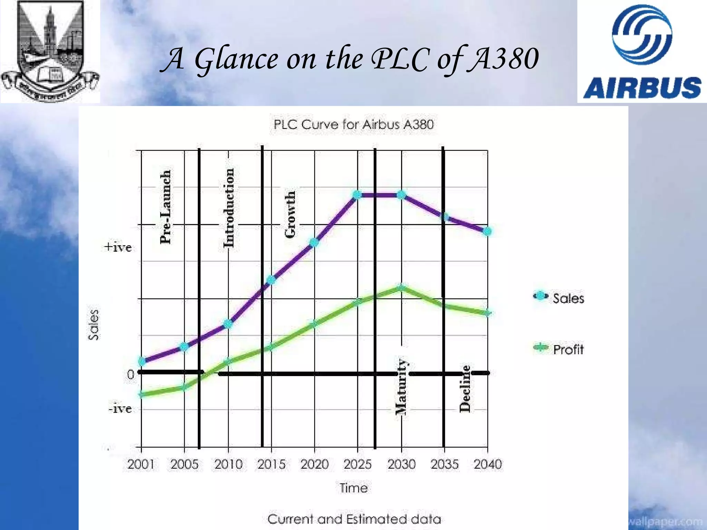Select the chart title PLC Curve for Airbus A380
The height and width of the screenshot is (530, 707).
click(353, 125)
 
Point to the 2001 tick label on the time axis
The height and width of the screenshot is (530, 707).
click(141, 464)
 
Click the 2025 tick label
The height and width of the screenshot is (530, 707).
click(358, 464)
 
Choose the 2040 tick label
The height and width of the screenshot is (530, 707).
click(487, 464)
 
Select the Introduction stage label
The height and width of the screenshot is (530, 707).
click(229, 208)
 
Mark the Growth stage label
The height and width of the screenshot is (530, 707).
click(290, 214)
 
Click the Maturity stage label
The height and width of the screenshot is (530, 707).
click(401, 386)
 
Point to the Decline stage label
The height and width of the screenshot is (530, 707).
click(465, 389)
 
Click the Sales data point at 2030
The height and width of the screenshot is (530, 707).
click(401, 195)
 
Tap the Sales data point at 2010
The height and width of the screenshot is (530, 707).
click(228, 324)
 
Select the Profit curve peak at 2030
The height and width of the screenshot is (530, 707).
click(401, 287)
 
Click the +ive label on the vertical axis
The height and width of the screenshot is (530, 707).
click(118, 247)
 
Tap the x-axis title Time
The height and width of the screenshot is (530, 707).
click(353, 488)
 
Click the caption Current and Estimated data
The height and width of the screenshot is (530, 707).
click(354, 519)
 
